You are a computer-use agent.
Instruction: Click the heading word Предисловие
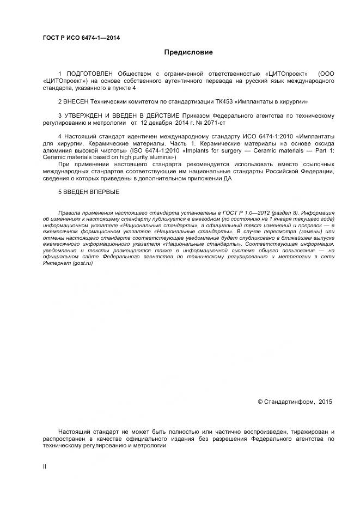tap(188, 52)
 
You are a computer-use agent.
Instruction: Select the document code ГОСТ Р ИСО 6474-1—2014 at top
tap(81, 38)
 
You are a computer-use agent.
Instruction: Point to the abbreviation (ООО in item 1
tap(327, 73)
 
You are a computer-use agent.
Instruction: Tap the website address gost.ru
tap(81, 264)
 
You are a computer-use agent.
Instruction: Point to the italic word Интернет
tap(56, 264)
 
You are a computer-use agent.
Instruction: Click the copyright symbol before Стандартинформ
tap(260, 402)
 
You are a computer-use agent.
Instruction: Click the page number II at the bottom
tap(45, 466)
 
